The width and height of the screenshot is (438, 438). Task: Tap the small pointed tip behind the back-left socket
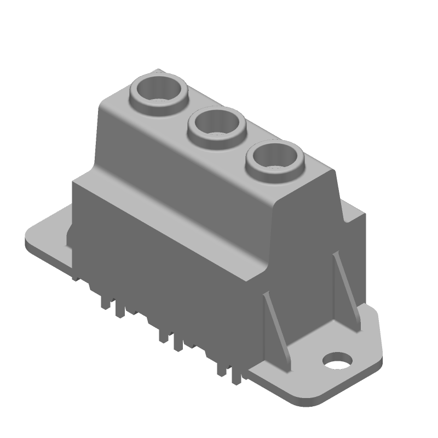pyautogui.click(x=159, y=71)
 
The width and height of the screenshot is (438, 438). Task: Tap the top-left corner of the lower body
pyautogui.click(x=74, y=182)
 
